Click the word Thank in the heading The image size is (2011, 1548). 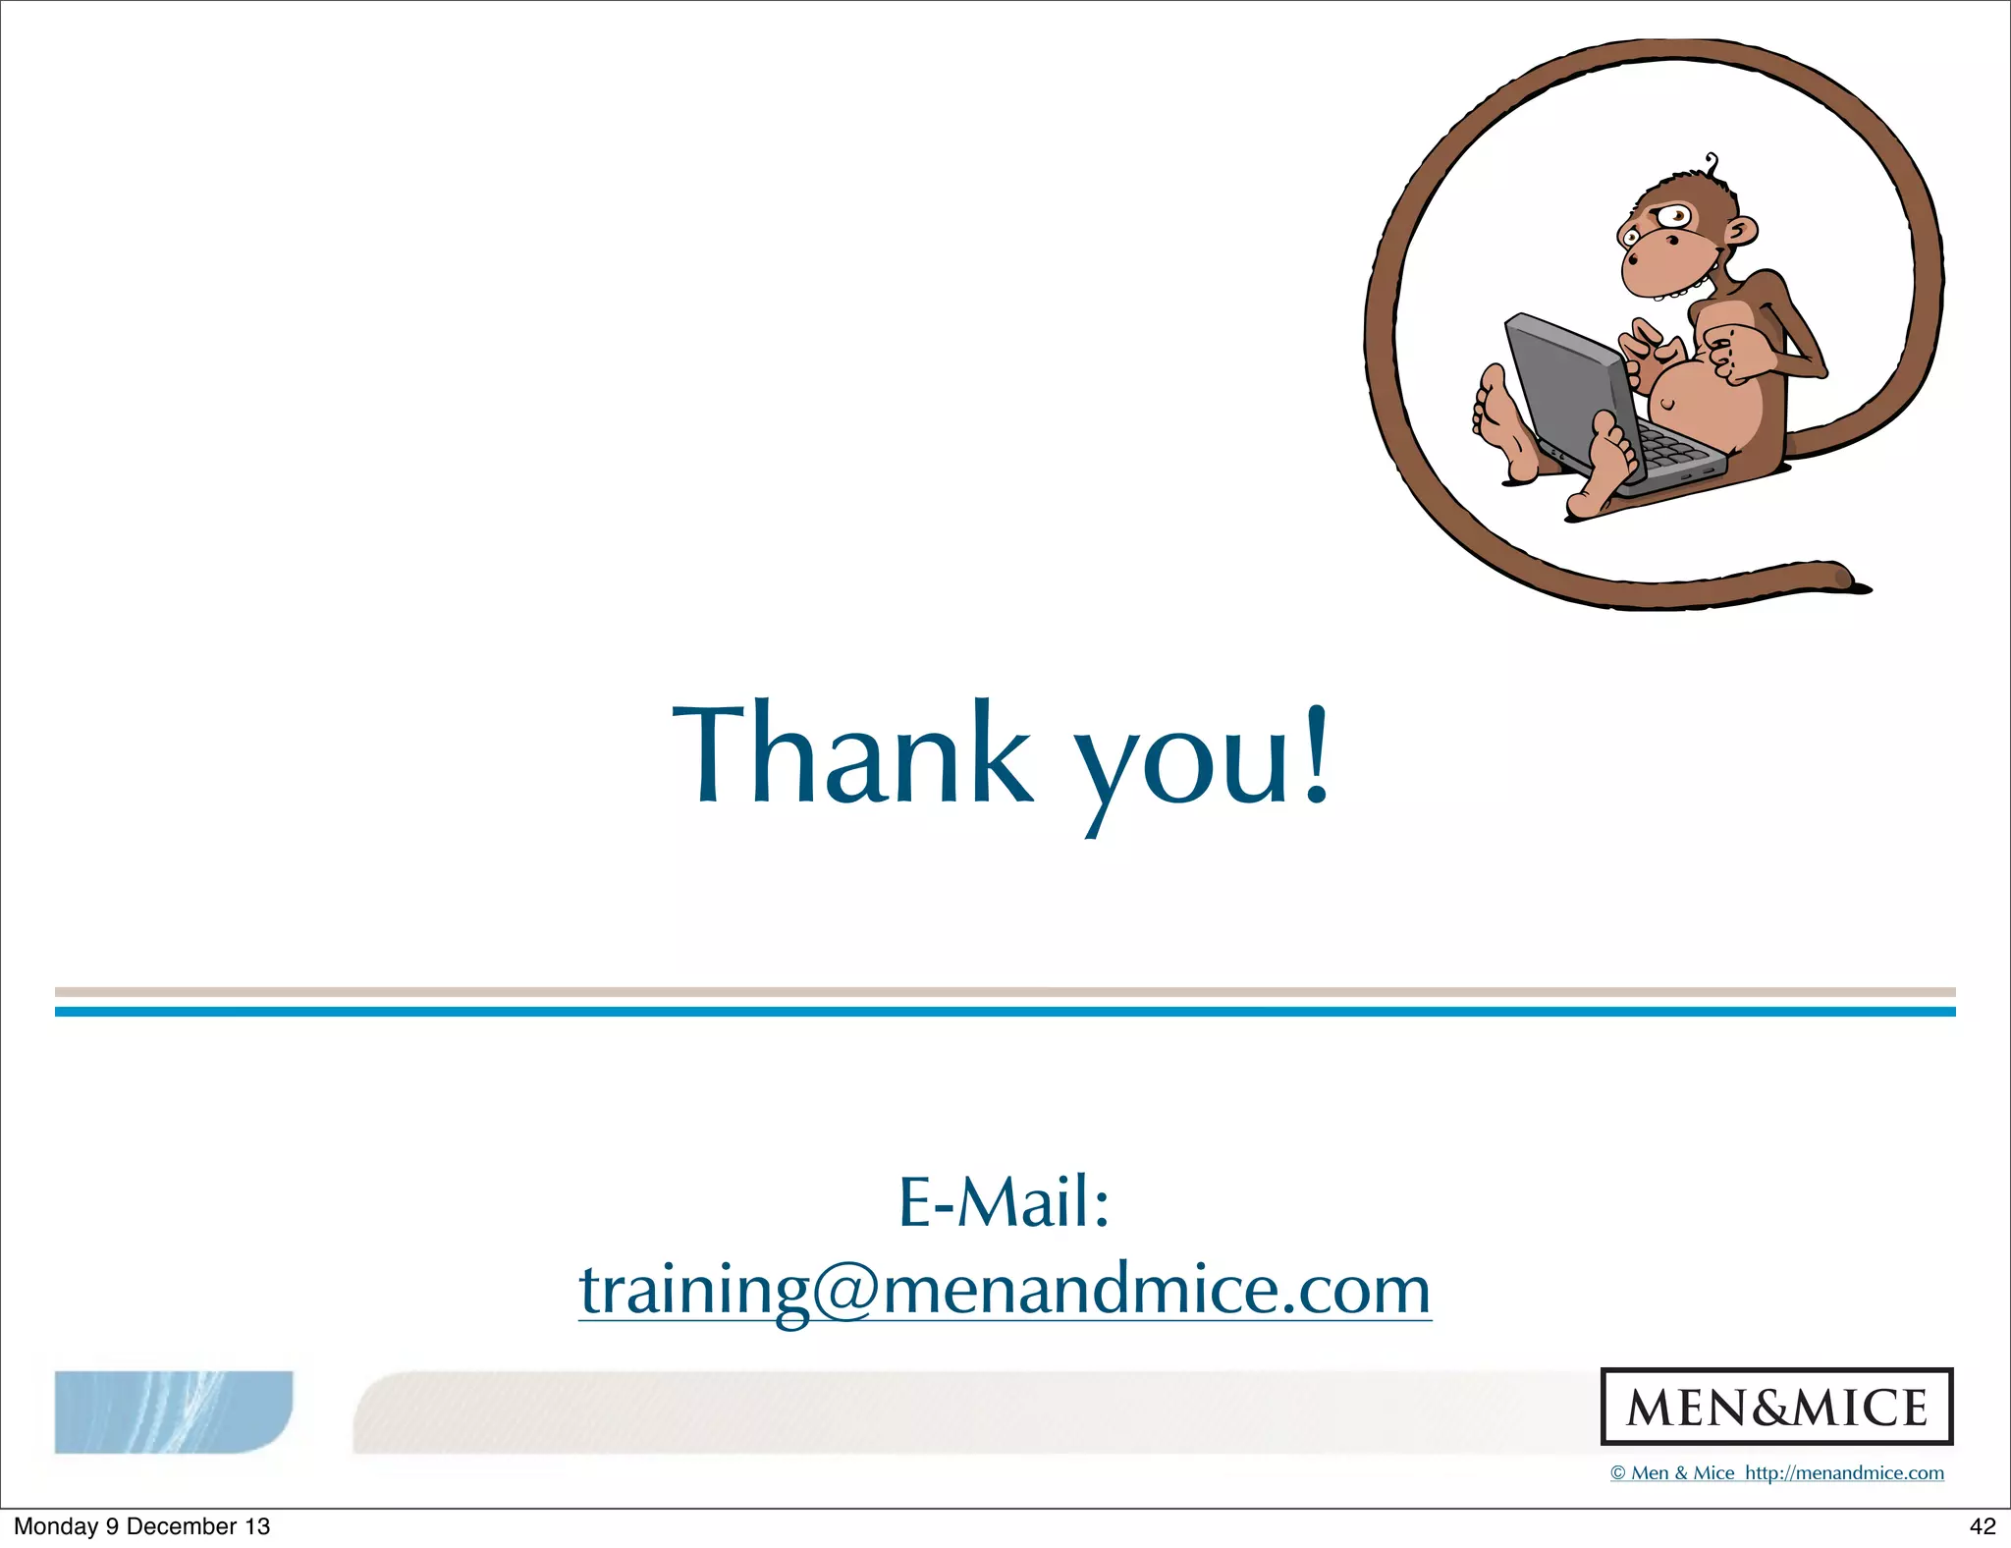click(x=852, y=754)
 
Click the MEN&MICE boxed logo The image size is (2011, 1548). click(x=1776, y=1407)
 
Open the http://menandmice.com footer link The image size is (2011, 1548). click(x=1844, y=1473)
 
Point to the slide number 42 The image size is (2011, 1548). click(x=1983, y=1526)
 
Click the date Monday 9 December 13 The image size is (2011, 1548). click(x=141, y=1526)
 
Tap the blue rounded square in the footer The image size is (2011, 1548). click(x=173, y=1411)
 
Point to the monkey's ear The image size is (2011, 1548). click(x=1742, y=233)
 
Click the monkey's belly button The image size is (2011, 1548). click(x=1667, y=404)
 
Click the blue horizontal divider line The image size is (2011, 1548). click(x=1005, y=1012)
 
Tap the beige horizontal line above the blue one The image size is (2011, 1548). click(x=1005, y=992)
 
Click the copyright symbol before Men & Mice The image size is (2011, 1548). click(x=1618, y=1473)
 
